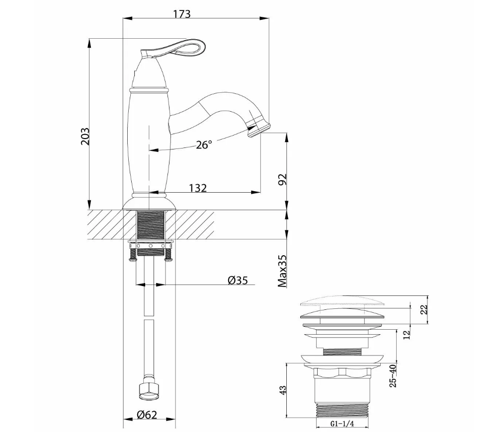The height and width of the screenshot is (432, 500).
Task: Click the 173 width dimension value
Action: (x=182, y=14)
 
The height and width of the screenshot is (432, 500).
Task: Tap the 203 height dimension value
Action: (x=85, y=137)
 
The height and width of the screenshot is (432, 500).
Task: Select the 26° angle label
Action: (x=204, y=145)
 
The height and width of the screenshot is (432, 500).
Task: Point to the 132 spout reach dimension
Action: (x=198, y=188)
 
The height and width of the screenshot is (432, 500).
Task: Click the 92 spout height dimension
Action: (x=282, y=179)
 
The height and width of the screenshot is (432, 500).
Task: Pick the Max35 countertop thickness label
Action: (x=282, y=271)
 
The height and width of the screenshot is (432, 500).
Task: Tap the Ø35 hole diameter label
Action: (x=238, y=280)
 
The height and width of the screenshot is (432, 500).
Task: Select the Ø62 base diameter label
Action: (x=147, y=415)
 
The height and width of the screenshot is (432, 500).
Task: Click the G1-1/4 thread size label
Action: (x=342, y=424)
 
